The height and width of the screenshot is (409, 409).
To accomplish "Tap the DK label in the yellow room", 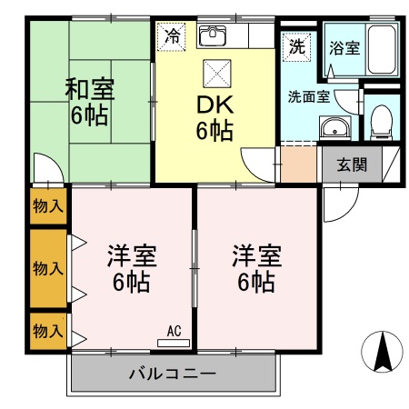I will click(214, 104).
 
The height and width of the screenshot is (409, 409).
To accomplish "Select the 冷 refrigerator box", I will click(173, 37).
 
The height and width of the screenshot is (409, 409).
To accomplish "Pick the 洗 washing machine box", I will click(296, 45).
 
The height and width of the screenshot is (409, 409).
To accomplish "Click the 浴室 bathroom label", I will click(345, 47).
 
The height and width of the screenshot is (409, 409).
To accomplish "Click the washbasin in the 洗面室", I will click(337, 127).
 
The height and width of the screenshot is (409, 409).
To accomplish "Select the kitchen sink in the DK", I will click(212, 37).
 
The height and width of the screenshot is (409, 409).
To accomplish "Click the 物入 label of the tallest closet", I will click(48, 268).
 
